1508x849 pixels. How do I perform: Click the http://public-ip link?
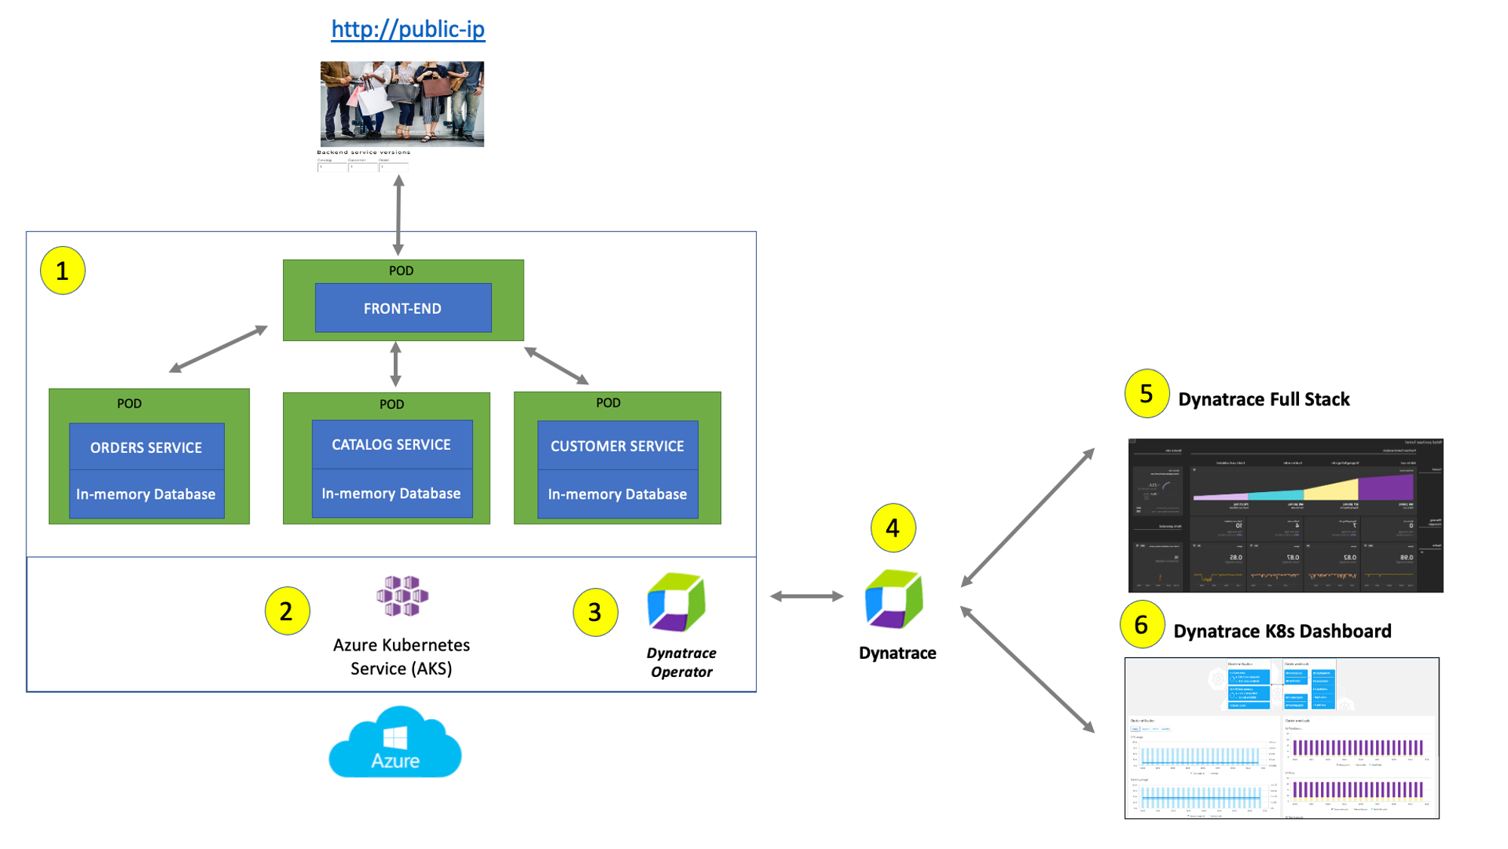[x=407, y=29]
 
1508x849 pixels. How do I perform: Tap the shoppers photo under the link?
[x=402, y=103]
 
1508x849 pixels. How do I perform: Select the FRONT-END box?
[x=403, y=308]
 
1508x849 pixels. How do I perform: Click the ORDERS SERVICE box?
[x=146, y=447]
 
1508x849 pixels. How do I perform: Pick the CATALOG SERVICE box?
[x=392, y=444]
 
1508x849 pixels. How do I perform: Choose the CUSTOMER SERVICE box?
[x=617, y=446]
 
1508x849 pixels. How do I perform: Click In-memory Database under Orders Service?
[x=146, y=494]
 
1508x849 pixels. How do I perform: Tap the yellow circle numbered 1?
[x=63, y=270]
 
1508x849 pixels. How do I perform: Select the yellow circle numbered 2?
[x=287, y=611]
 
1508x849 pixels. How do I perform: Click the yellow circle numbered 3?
[x=594, y=612]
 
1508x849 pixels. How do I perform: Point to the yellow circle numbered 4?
[x=892, y=528]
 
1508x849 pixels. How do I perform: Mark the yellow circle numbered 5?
[x=1146, y=393]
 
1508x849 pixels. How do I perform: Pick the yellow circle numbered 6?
[x=1141, y=624]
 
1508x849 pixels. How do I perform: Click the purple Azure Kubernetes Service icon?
[x=402, y=596]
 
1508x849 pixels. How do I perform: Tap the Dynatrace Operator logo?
[x=677, y=602]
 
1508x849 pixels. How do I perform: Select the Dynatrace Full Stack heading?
[x=1264, y=399]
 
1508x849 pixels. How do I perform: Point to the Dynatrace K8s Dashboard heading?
[x=1282, y=631]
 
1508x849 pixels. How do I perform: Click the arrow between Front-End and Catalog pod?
[x=395, y=365]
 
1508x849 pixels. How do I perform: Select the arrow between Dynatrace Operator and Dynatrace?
[x=806, y=596]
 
